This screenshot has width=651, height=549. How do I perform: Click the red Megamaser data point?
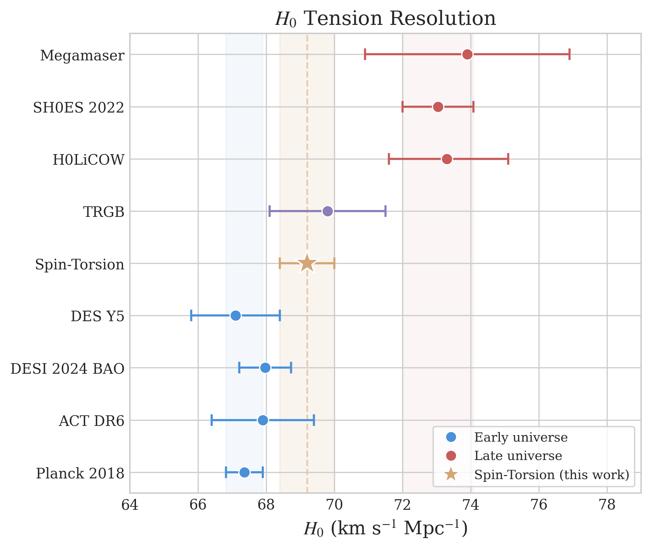pyautogui.click(x=467, y=55)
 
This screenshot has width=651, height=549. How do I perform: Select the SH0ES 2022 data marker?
pyautogui.click(x=438, y=107)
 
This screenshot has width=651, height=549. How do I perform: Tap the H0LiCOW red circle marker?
pyautogui.click(x=447, y=159)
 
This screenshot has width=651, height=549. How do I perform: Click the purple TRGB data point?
pyautogui.click(x=328, y=211)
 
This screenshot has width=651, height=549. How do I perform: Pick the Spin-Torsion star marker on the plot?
pyautogui.click(x=307, y=264)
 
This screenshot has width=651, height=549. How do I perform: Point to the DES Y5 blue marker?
pyautogui.click(x=236, y=316)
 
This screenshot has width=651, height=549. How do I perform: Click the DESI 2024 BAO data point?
pyautogui.click(x=265, y=368)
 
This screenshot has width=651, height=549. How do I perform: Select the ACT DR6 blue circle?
pyautogui.click(x=263, y=420)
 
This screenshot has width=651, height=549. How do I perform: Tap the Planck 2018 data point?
pyautogui.click(x=244, y=472)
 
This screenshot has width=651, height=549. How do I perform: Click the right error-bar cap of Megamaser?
pyautogui.click(x=570, y=55)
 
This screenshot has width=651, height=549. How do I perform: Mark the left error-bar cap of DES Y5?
pyautogui.click(x=191, y=316)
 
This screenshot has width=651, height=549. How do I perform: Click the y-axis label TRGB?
pyautogui.click(x=104, y=212)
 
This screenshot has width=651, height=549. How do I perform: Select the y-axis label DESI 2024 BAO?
pyautogui.click(x=67, y=369)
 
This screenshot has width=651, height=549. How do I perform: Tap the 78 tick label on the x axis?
pyautogui.click(x=607, y=505)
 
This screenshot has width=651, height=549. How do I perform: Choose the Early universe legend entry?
pyautogui.click(x=520, y=437)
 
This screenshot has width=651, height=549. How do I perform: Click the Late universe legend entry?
pyautogui.click(x=518, y=456)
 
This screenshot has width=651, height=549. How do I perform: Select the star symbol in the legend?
pyautogui.click(x=451, y=474)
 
